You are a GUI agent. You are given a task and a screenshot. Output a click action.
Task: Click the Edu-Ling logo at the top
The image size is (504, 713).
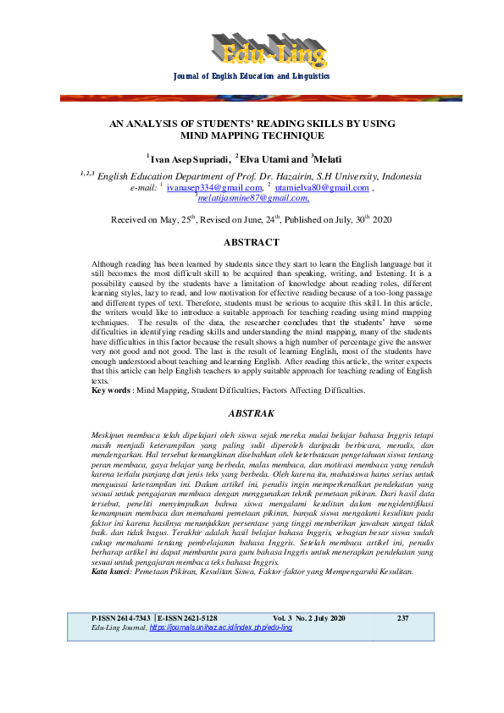[268, 52]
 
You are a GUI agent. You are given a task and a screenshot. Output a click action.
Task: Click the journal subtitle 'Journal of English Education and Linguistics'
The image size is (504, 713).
[252, 77]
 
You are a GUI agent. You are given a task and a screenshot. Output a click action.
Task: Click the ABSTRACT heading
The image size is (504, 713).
[251, 242]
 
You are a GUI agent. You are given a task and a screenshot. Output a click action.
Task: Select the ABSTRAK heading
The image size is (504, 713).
[251, 414]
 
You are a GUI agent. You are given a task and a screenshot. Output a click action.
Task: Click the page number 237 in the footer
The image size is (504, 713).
[402, 666]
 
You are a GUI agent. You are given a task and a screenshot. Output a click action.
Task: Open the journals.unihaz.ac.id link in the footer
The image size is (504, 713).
[220, 676]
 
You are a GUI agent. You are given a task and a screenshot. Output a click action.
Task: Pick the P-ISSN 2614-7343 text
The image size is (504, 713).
[121, 666]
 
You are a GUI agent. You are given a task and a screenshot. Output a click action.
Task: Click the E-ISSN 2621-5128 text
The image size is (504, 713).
[187, 666]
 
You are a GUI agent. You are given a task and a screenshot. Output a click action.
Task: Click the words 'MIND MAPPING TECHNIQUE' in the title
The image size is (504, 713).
[252, 135]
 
